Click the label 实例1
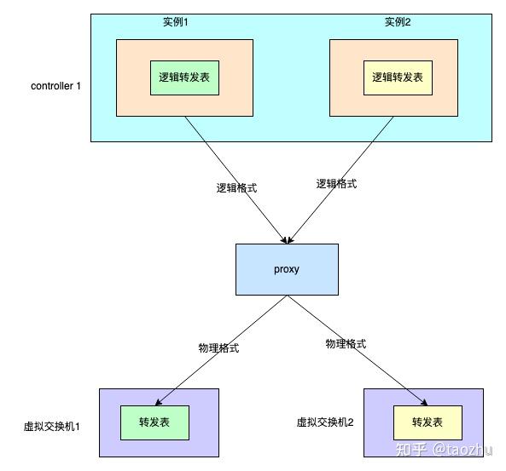pos(175,22)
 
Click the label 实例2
pos(398,22)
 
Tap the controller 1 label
pos(55,86)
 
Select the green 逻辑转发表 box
pos(184,78)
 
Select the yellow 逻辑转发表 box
pos(398,78)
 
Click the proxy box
pos(287,269)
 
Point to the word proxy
pos(287,269)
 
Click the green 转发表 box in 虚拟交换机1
pos(155,422)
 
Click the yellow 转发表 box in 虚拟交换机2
pos(427,422)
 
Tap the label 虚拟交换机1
pos(52,427)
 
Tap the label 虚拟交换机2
pos(325,422)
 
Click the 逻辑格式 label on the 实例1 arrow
pos(236,188)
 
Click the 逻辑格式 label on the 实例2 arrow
pos(336,184)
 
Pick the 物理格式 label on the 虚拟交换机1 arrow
pos(218,348)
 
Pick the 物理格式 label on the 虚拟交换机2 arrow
pos(346,344)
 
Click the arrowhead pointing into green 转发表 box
pos(158,402)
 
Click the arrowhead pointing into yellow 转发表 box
pos(424,402)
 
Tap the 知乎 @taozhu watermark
pos(444,449)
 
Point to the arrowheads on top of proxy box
pos(287,240)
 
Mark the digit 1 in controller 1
pos(78,86)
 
